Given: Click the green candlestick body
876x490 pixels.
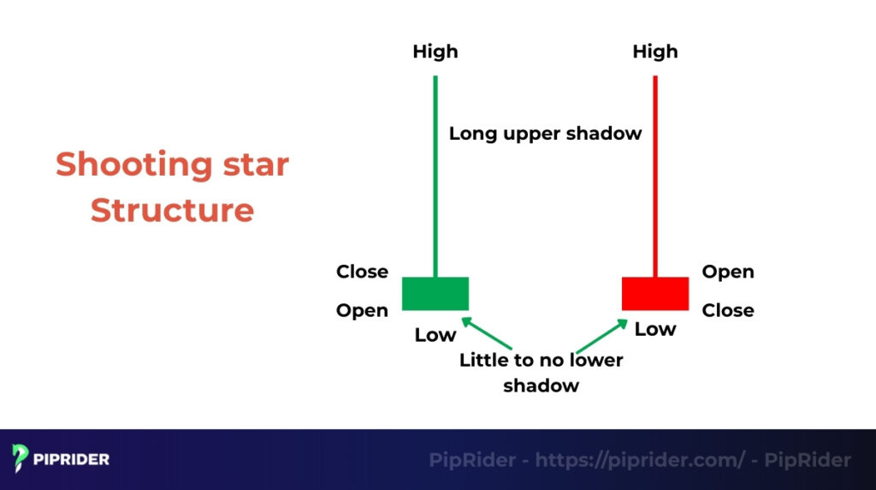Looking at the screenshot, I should coord(435,294).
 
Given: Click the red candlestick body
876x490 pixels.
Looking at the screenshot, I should coord(655,294).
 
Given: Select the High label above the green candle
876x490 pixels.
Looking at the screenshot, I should coord(435,51).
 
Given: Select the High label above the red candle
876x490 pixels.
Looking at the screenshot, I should coord(655,51).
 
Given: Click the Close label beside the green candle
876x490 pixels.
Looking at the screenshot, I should coord(362,272).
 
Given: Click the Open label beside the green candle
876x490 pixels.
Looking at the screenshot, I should coord(362,310).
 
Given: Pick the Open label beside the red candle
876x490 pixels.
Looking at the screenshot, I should coord(728,272).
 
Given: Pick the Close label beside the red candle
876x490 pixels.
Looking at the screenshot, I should coord(728,310).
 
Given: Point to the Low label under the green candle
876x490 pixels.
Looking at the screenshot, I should coord(435,335).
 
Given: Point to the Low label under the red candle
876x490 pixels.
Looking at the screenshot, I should coord(655,329).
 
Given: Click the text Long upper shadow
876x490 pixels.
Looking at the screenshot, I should coord(545,134).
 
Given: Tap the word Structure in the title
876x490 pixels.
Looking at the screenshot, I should coord(172,210).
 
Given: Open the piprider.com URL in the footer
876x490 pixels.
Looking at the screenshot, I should coord(640,460).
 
